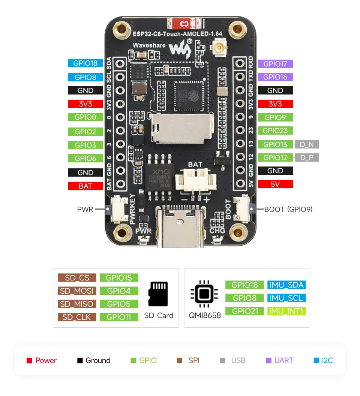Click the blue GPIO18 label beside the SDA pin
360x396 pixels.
click(85, 63)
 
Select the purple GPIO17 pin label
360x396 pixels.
click(275, 64)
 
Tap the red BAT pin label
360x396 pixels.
click(85, 186)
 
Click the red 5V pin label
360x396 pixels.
click(275, 184)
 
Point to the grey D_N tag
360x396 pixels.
click(307, 144)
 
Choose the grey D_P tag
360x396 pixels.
click(307, 157)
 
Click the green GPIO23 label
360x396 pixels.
click(275, 131)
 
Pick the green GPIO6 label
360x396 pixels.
click(85, 158)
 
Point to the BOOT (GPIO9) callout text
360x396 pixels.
click(288, 209)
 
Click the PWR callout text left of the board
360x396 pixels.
click(85, 209)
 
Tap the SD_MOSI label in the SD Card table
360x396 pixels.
click(77, 291)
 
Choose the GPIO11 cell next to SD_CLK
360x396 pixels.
click(118, 317)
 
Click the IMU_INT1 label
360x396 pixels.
click(286, 311)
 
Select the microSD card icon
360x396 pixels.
click(158, 294)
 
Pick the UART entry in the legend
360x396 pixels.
click(279, 360)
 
